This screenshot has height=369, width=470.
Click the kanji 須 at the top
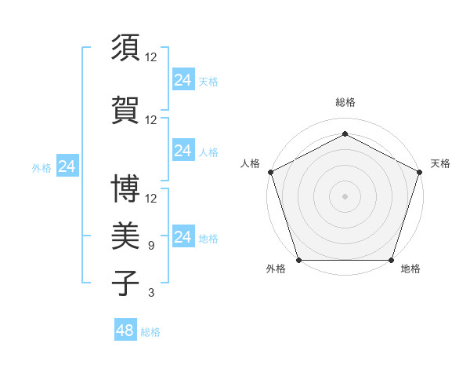click(126, 48)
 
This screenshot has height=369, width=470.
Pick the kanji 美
click(126, 235)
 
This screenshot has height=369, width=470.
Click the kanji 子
click(126, 282)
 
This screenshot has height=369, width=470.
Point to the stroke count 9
click(151, 246)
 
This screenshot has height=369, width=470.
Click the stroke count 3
click(151, 293)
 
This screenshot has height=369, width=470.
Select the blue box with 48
click(125, 330)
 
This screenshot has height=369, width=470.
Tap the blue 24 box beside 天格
click(183, 79)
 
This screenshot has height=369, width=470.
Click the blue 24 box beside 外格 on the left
click(67, 166)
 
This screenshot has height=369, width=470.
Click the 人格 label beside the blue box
click(208, 152)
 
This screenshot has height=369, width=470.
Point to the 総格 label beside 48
click(150, 332)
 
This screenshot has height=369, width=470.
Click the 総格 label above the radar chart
click(345, 102)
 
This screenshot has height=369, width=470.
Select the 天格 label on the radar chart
click(440, 163)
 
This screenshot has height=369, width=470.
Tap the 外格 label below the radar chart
click(276, 269)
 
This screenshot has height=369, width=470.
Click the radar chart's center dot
click(345, 195)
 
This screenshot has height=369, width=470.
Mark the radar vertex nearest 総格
click(345, 133)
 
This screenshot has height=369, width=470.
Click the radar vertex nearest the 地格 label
click(391, 260)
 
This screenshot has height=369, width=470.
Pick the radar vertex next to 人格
click(270, 171)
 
